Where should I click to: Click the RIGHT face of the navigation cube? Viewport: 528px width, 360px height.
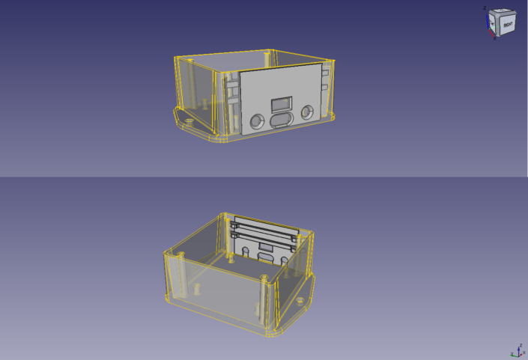pyautogui.click(x=507, y=24)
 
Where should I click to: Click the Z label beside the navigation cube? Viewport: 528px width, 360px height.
pyautogui.click(x=485, y=8)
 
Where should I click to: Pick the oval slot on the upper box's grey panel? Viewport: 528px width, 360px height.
pyautogui.click(x=282, y=120)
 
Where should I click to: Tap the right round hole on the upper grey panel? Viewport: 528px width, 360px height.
pyautogui.click(x=307, y=112)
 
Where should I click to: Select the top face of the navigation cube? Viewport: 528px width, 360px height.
pyautogui.click(x=500, y=11)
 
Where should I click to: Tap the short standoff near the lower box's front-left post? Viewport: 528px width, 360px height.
pyautogui.click(x=197, y=287)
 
